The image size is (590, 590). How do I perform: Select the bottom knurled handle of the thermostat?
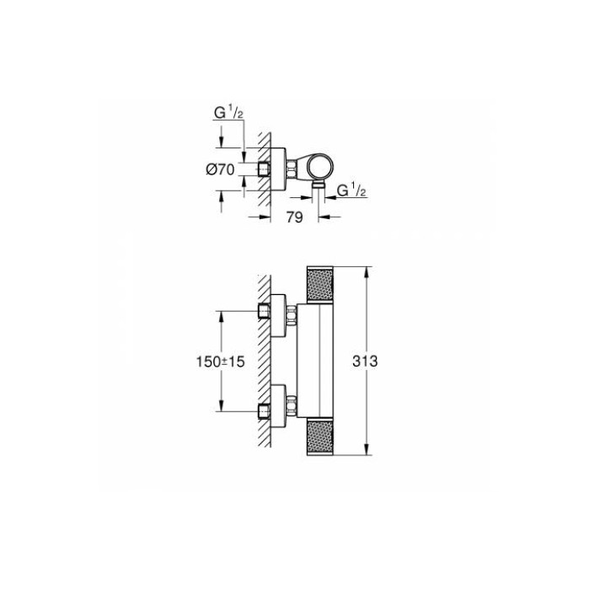coord(320,432)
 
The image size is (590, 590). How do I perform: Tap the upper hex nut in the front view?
coord(292,318)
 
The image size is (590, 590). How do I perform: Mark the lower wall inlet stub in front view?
coord(263,411)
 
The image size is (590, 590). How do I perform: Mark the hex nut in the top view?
coord(289,168)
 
